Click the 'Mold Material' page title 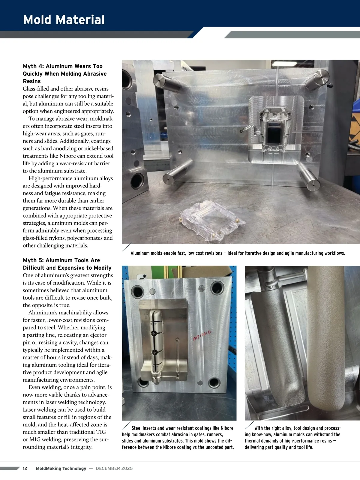pos(64,20)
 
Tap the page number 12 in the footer pos(25,468)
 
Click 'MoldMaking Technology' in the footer pos(61,468)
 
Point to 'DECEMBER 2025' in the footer pos(114,468)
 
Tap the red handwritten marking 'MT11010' pos(202,335)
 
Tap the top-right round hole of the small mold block pos(217,288)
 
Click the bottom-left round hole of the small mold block pos(143,382)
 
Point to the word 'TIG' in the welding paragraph pos(101,432)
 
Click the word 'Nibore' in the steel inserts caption pos(227,428)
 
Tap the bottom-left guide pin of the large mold pos(178,172)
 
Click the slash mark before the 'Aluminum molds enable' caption pos(127,247)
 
